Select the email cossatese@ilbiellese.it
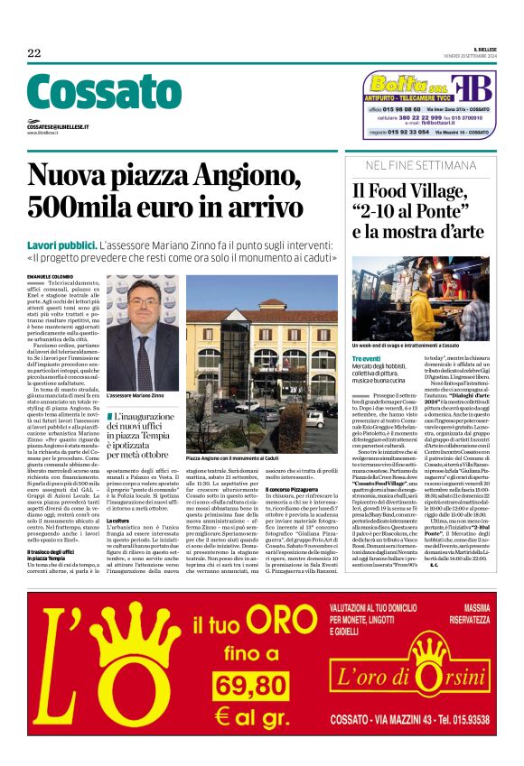pos(58,127)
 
